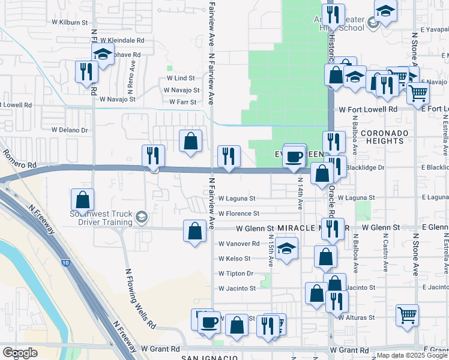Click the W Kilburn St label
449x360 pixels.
(70, 22)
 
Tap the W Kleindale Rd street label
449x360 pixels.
(122, 40)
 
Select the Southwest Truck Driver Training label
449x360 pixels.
(100, 218)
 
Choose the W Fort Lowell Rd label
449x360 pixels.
(368, 110)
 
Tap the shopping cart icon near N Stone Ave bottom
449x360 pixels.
(408, 314)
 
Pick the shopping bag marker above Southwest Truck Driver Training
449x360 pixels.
(82, 199)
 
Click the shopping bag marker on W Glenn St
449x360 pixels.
(194, 231)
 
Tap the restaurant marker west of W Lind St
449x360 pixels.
(86, 71)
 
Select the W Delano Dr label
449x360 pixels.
(69, 130)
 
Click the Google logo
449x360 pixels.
(20, 353)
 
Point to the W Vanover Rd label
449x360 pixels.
(239, 244)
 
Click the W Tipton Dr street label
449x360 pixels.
(236, 274)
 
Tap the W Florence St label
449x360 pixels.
(239, 214)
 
